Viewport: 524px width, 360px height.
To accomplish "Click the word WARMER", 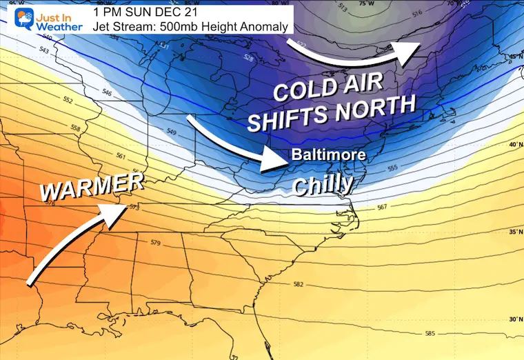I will click(92, 188).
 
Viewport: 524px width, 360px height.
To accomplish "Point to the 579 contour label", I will click(155, 243).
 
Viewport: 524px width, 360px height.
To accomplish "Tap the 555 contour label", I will click(394, 168).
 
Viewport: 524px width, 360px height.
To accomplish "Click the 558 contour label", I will click(76, 129).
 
